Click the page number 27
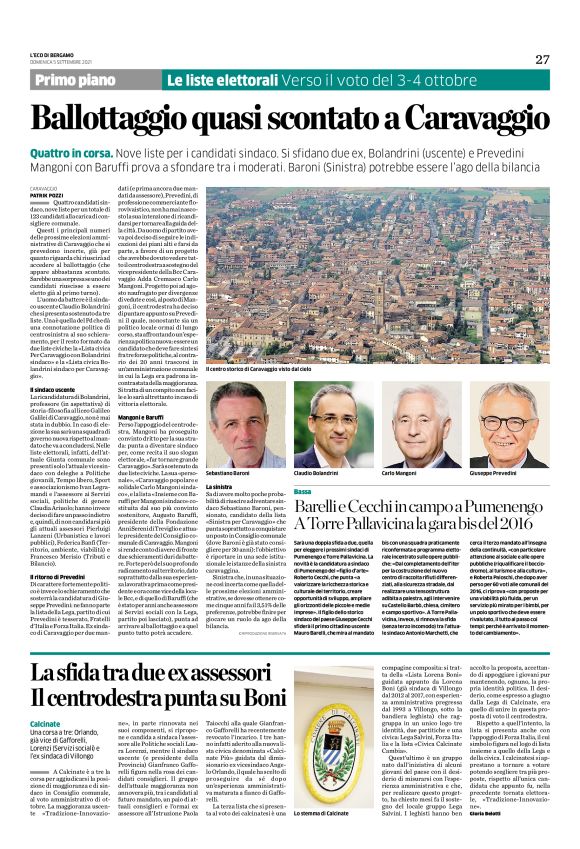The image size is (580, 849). click(x=541, y=59)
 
